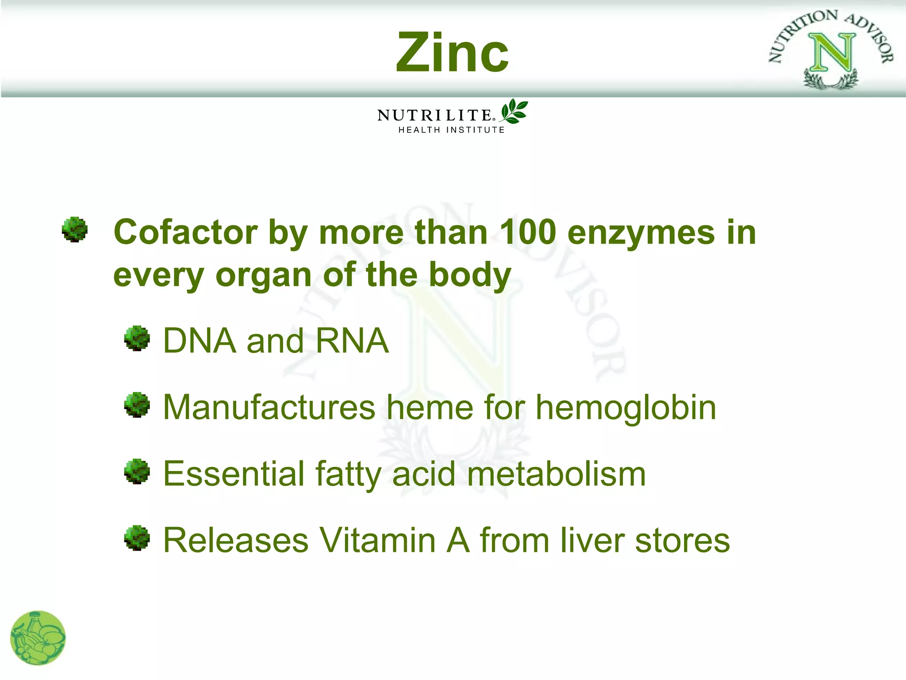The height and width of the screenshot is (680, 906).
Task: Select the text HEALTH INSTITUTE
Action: pos(451,130)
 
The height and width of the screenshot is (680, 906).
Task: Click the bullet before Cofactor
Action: pos(75,229)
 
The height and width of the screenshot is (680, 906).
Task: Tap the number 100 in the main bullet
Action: pos(527,232)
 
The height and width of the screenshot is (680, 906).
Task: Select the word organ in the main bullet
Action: pos(264,275)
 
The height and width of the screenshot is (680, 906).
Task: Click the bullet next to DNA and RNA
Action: pos(137,339)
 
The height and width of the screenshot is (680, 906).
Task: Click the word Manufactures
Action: pos(269,407)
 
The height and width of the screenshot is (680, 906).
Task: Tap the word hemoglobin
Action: pos(626,407)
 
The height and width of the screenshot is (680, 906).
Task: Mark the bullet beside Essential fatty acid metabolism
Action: pos(137,471)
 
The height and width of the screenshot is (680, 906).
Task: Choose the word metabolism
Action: pos(556,474)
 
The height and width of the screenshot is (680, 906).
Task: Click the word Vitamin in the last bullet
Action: pos(378,540)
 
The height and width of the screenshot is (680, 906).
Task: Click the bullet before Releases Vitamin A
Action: pos(137,538)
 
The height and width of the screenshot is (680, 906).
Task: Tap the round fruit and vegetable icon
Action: pos(38,638)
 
